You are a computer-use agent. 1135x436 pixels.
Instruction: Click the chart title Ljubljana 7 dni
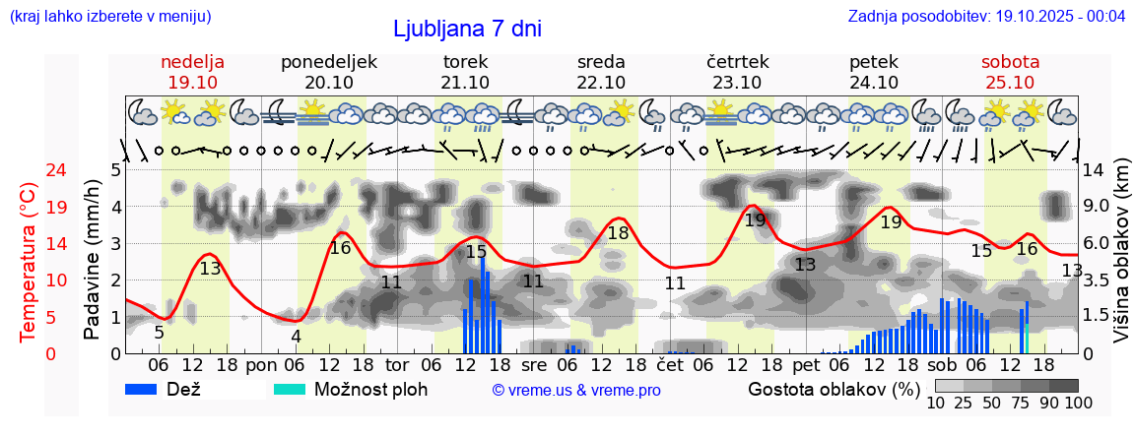point(467,29)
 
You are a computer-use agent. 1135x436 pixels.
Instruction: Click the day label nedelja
point(193,62)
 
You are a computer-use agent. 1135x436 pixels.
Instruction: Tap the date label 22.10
point(601,83)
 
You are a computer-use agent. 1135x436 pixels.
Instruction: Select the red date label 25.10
point(1010,83)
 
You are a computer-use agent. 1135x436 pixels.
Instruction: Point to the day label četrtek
point(737,62)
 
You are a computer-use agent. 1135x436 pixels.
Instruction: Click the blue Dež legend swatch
point(149,389)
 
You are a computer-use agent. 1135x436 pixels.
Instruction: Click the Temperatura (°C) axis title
point(29,261)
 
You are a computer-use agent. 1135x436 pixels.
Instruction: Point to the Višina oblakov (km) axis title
point(1120,261)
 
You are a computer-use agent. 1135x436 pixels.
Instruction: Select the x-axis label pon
point(261,365)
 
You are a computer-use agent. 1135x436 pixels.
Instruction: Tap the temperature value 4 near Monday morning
point(296,336)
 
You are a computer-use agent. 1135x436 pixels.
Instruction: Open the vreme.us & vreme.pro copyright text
point(576,390)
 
